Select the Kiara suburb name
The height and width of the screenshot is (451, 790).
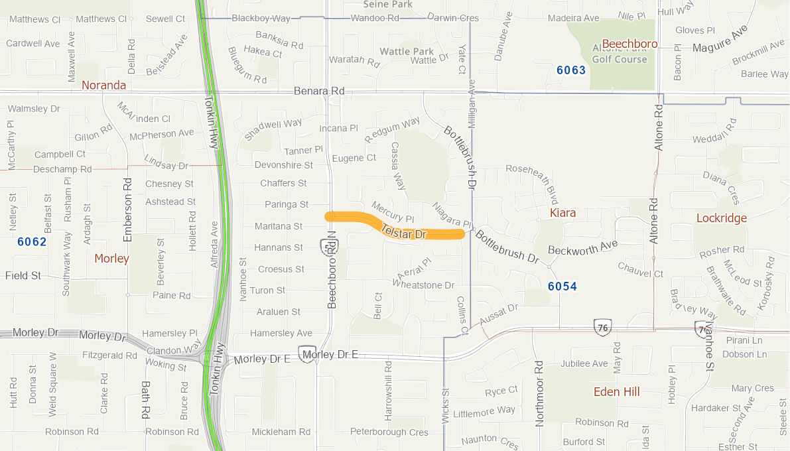tap(562, 213)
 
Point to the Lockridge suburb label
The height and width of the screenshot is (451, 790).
tap(721, 218)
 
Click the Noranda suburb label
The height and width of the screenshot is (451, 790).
tap(103, 86)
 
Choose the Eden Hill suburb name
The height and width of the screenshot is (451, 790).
tap(616, 392)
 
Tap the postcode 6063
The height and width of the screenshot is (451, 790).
tap(570, 70)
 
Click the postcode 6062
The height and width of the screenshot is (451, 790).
tap(32, 242)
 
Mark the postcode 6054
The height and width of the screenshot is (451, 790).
tap(562, 287)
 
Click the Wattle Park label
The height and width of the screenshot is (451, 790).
tap(407, 51)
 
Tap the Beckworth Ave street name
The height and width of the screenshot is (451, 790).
tap(582, 247)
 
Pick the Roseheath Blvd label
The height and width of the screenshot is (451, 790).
tap(532, 180)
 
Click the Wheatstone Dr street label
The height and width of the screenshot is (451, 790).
tap(423, 285)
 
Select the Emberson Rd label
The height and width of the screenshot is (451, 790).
tap(128, 209)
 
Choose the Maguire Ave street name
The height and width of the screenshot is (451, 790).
tap(720, 40)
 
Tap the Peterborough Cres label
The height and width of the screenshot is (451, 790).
tap(389, 432)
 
